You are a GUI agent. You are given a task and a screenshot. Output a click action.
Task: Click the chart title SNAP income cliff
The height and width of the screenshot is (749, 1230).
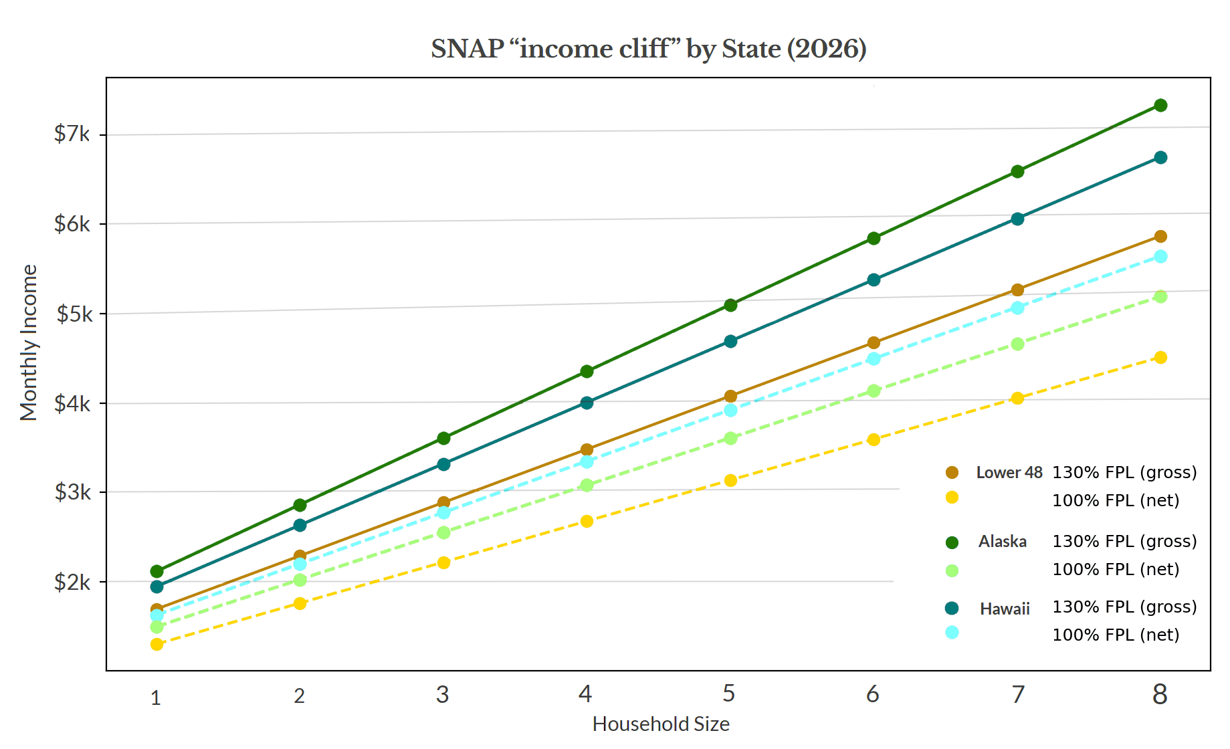pyautogui.click(x=648, y=49)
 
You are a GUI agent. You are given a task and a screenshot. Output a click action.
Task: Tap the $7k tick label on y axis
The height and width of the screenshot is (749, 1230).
pyautogui.click(x=72, y=134)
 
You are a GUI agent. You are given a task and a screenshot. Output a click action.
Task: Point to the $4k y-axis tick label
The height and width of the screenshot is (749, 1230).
pyautogui.click(x=72, y=403)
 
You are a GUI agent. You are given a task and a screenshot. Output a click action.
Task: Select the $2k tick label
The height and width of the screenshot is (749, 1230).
pyautogui.click(x=72, y=582)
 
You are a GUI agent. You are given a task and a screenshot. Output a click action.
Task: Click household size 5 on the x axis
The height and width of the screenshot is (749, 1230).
pyautogui.click(x=728, y=694)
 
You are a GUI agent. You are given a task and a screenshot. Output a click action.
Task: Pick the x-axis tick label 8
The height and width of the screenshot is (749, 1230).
pyautogui.click(x=1159, y=695)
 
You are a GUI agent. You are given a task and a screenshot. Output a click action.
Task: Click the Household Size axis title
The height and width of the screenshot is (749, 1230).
pyautogui.click(x=660, y=724)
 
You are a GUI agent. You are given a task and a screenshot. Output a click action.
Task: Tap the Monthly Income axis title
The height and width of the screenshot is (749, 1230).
pyautogui.click(x=28, y=342)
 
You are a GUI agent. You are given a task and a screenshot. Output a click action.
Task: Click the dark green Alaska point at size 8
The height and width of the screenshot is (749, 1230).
pyautogui.click(x=1160, y=105)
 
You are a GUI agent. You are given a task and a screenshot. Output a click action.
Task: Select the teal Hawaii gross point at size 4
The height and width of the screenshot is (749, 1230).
pyautogui.click(x=587, y=403)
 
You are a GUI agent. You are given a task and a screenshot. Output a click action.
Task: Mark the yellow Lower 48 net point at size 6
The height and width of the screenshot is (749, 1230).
pyautogui.click(x=874, y=439)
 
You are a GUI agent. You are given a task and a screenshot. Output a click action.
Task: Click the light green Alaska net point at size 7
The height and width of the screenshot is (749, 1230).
pyautogui.click(x=1017, y=344)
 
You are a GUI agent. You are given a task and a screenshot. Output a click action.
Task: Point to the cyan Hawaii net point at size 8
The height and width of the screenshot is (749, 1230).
pyautogui.click(x=1160, y=256)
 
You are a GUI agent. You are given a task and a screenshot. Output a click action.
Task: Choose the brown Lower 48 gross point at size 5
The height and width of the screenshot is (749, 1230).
pyautogui.click(x=730, y=396)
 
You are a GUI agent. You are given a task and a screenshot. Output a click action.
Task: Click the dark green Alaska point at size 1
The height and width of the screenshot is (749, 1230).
pyautogui.click(x=157, y=571)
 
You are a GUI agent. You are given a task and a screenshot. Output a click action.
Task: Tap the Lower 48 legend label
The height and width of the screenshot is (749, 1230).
pyautogui.click(x=1009, y=473)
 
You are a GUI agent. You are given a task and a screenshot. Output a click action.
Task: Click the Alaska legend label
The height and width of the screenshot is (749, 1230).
pyautogui.click(x=1002, y=542)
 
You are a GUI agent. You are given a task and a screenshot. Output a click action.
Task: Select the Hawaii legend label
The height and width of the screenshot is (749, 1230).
pyautogui.click(x=1004, y=609)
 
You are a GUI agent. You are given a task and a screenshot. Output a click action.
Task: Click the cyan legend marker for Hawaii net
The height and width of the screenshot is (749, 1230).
pyautogui.click(x=952, y=632)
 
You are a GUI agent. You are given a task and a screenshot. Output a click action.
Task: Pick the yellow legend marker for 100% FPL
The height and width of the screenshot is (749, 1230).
pyautogui.click(x=952, y=497)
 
